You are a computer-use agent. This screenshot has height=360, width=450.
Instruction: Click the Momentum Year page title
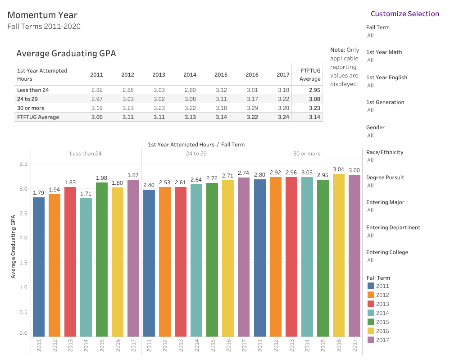click(x=42, y=15)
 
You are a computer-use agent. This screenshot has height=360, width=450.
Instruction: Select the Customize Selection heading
click(x=405, y=14)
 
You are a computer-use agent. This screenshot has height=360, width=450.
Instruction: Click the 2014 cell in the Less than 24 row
click(x=190, y=90)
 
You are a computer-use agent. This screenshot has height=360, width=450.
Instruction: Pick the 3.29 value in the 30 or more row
click(x=252, y=108)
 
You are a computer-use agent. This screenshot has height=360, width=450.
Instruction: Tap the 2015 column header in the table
click(x=221, y=75)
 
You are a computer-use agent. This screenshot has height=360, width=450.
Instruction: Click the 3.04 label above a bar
click(x=339, y=170)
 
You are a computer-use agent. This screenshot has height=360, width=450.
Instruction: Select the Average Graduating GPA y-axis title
click(x=13, y=246)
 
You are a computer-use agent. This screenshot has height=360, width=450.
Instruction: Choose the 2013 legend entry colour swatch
click(x=371, y=304)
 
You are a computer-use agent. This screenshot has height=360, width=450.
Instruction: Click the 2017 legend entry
click(x=382, y=340)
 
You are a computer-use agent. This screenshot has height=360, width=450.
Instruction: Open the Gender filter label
click(x=376, y=128)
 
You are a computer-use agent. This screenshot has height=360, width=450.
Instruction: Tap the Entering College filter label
click(x=387, y=252)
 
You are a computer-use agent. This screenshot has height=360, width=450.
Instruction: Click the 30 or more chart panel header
click(x=307, y=154)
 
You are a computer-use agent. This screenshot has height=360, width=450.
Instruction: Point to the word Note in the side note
click(x=337, y=50)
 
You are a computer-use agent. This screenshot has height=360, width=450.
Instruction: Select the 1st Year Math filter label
click(x=384, y=52)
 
